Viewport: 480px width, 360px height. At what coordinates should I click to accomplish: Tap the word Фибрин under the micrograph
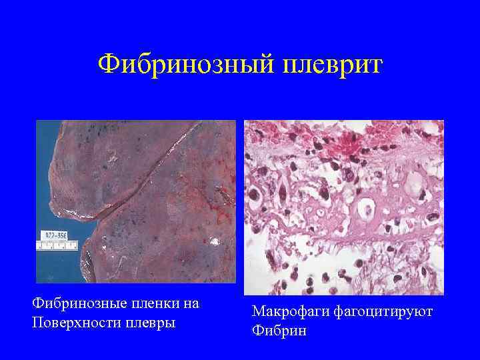pyautogui.click(x=279, y=331)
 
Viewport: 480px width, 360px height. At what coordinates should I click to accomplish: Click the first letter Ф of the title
pyautogui.click(x=106, y=65)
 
